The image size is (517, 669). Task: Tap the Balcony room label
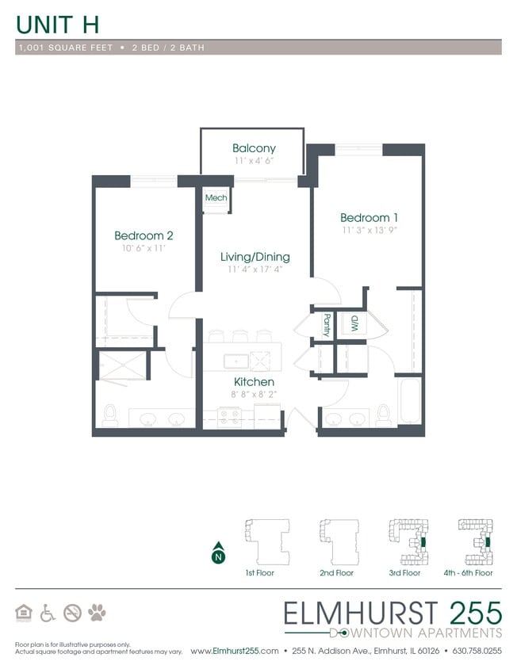(254, 148)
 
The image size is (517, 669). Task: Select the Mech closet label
(215, 198)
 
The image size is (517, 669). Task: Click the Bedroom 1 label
(369, 218)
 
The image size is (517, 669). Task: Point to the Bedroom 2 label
(144, 235)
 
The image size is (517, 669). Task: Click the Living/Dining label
(255, 257)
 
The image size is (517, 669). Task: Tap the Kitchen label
(254, 382)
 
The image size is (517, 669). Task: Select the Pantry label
(327, 325)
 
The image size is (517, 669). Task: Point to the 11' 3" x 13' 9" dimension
(369, 231)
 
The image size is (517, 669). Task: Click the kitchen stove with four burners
(230, 416)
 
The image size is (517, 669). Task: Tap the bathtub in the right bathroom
(409, 403)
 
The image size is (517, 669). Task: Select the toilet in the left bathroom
(110, 415)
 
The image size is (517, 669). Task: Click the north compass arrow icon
(217, 554)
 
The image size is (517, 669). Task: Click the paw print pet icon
(97, 612)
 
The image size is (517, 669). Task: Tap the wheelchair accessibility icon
(48, 612)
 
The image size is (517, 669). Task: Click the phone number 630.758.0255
(476, 651)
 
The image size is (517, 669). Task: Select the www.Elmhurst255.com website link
(236, 651)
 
